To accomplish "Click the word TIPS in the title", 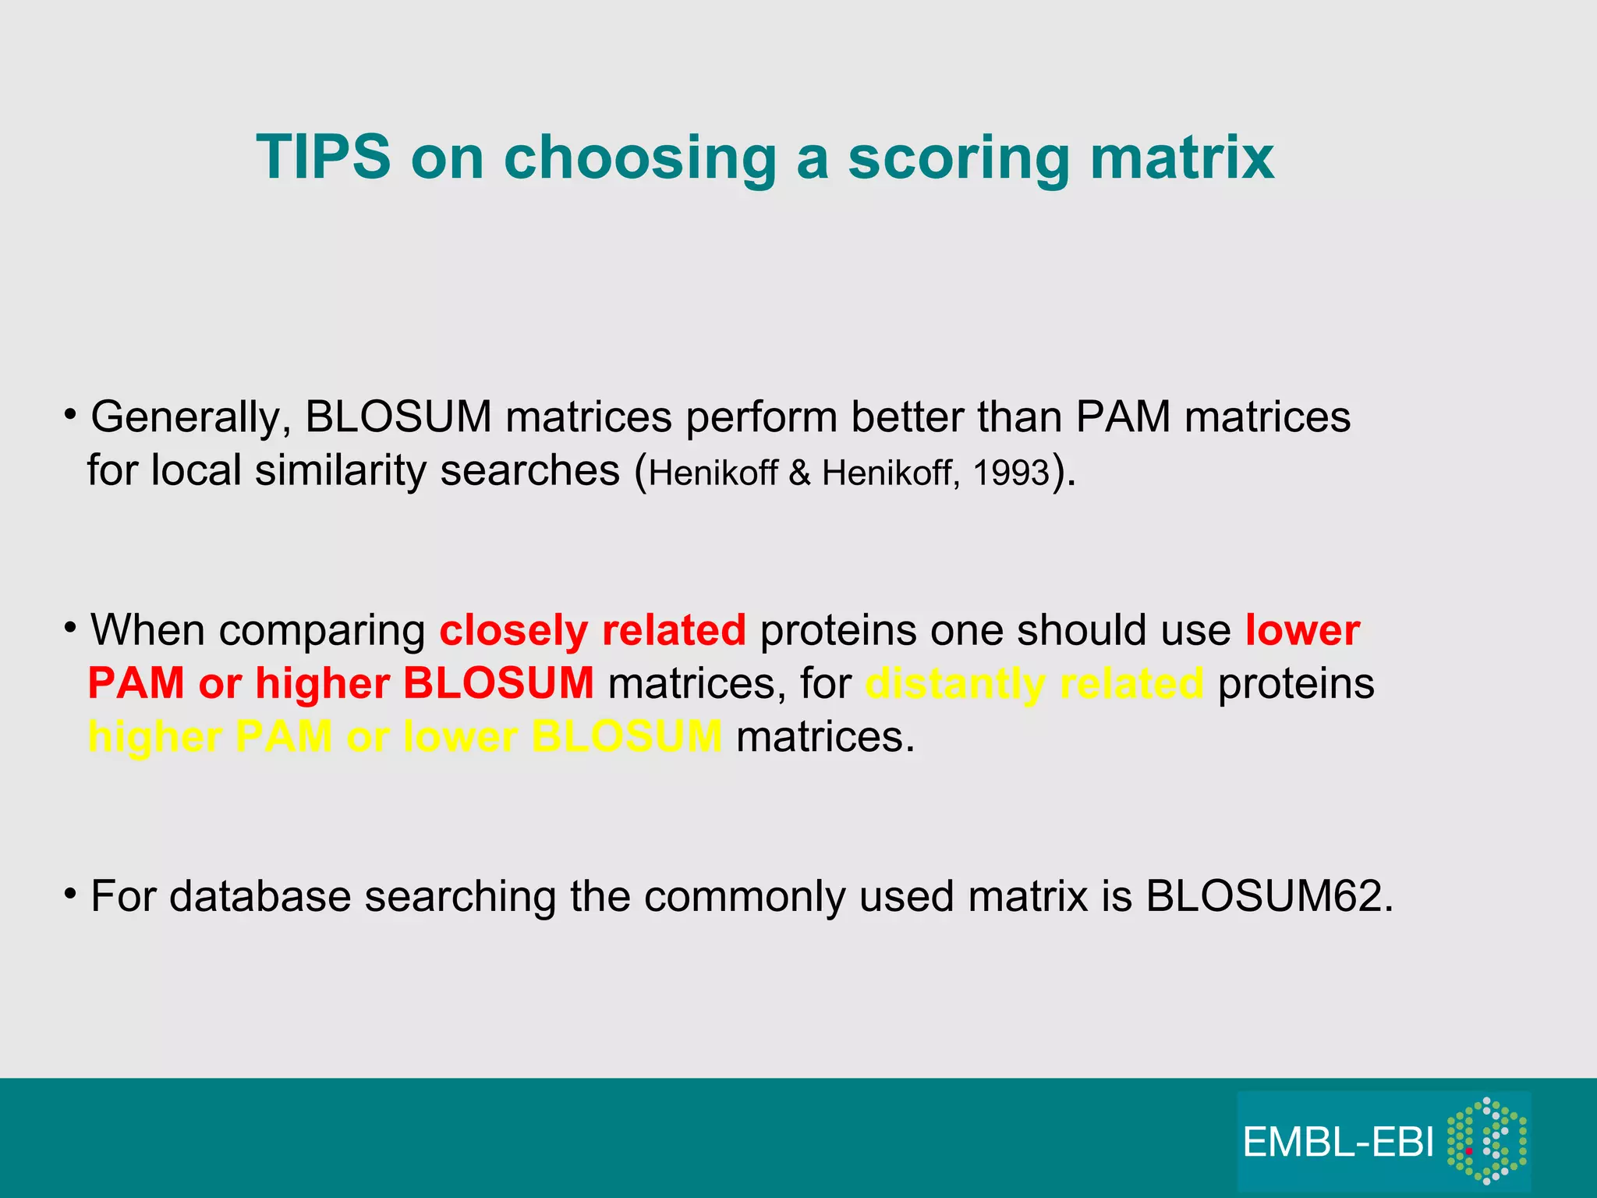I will [x=323, y=158].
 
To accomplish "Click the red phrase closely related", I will [x=593, y=630].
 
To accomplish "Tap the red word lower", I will [x=1302, y=630].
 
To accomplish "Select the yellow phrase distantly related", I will [x=1034, y=684].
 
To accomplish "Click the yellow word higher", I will [x=154, y=737].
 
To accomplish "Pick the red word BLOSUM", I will [x=498, y=684].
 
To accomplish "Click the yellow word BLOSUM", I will [x=626, y=737].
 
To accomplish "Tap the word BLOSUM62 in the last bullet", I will [x=1268, y=897].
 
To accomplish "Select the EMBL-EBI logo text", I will [x=1338, y=1143].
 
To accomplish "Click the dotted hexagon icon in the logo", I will [x=1486, y=1141].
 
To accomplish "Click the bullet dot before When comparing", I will [x=70, y=626].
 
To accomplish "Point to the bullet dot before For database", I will [x=70, y=892].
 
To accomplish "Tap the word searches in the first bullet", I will [x=529, y=472].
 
